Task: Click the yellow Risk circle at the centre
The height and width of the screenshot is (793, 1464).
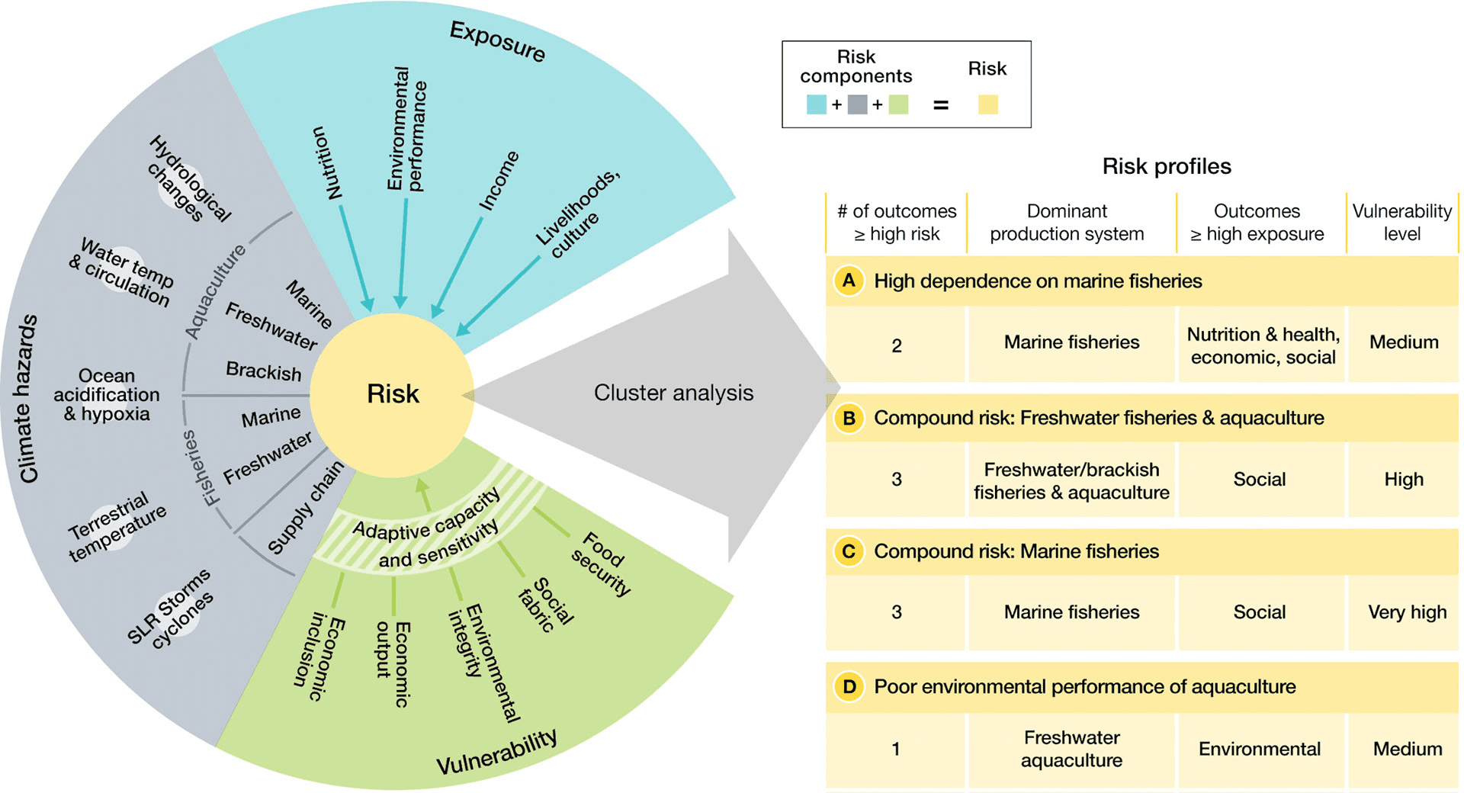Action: pyautogui.click(x=393, y=394)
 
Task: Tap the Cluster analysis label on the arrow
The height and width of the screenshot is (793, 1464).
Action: pyautogui.click(x=673, y=393)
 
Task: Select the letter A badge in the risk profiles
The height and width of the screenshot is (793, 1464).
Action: pyautogui.click(x=849, y=281)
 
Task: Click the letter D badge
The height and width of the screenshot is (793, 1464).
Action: pyautogui.click(x=849, y=687)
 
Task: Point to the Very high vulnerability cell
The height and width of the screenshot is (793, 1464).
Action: pyautogui.click(x=1406, y=612)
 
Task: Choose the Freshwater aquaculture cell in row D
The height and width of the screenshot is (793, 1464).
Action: pyautogui.click(x=1071, y=749)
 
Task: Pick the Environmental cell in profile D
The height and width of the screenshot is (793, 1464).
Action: pyautogui.click(x=1259, y=749)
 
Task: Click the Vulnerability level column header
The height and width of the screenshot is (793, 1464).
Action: pyautogui.click(x=1401, y=222)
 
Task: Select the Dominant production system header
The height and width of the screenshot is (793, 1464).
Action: pyautogui.click(x=1067, y=222)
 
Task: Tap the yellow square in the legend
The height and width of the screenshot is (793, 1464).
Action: pyautogui.click(x=987, y=104)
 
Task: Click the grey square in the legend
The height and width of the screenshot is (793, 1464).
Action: pyautogui.click(x=857, y=104)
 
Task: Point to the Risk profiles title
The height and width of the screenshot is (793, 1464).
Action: pyautogui.click(x=1166, y=166)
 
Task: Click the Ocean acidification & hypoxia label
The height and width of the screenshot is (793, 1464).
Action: pyautogui.click(x=107, y=395)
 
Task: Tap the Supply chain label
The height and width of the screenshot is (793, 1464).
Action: pyautogui.click(x=305, y=507)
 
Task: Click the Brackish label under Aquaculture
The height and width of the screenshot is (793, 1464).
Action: pyautogui.click(x=264, y=371)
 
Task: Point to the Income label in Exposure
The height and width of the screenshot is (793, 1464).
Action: pyautogui.click(x=498, y=181)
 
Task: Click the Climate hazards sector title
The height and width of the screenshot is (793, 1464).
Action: pyautogui.click(x=28, y=398)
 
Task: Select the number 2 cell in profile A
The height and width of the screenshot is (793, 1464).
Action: pyautogui.click(x=897, y=345)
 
